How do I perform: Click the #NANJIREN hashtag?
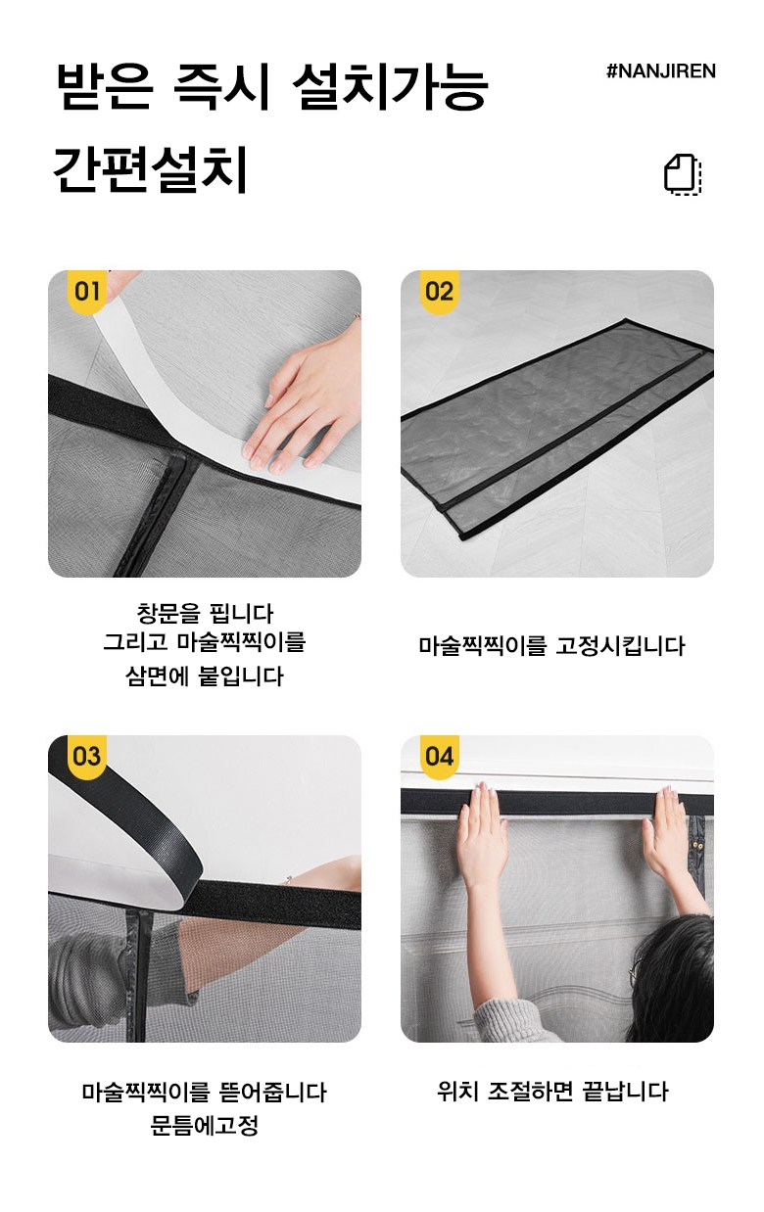[661, 70]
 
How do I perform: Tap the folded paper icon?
[683, 174]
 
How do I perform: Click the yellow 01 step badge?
[87, 291]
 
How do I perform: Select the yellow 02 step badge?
[439, 291]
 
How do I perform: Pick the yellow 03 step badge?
[87, 757]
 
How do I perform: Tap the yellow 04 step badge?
[439, 757]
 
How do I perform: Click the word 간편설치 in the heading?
[150, 168]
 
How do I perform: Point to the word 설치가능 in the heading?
[390, 86]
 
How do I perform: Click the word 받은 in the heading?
[105, 86]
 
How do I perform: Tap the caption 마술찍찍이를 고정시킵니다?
[551, 646]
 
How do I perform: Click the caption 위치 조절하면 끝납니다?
[552, 1092]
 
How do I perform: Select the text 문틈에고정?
[204, 1126]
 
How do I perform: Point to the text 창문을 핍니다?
[205, 613]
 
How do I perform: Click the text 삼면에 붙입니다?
[205, 676]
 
